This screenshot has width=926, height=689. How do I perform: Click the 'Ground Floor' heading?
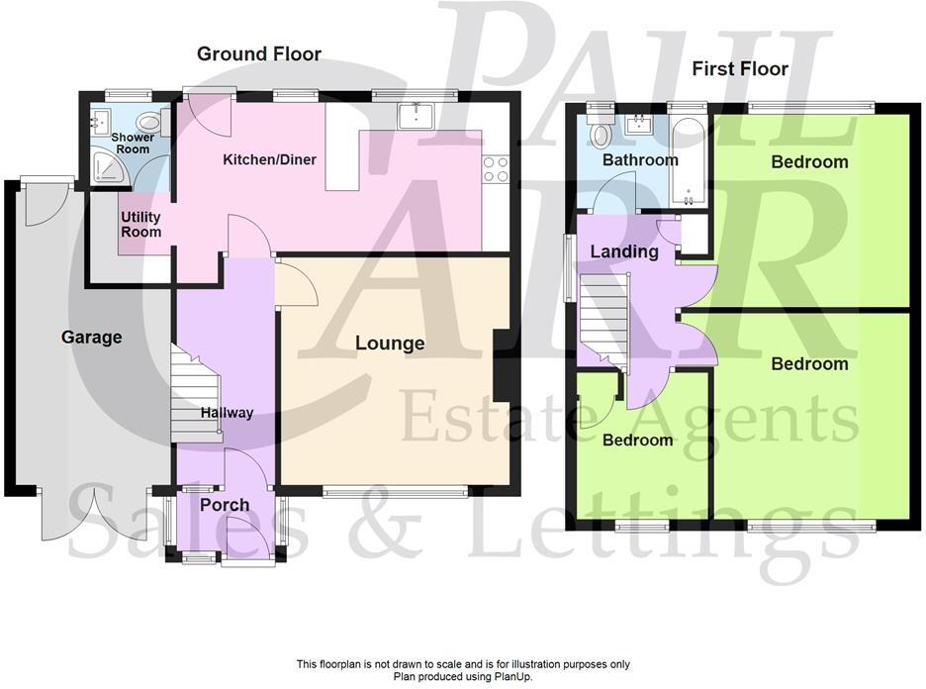tap(259, 53)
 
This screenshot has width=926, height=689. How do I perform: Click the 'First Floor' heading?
tap(740, 68)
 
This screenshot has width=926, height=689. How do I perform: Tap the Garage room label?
tap(92, 338)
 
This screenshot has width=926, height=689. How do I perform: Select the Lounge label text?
tap(390, 344)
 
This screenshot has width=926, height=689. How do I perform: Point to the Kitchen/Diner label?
tap(269, 159)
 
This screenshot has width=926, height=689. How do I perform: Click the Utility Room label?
tap(140, 225)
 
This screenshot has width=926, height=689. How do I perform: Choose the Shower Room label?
tap(131, 144)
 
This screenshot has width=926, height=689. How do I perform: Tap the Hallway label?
tap(227, 413)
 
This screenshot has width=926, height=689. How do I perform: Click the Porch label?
tap(225, 505)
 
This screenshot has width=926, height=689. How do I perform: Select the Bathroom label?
tap(641, 159)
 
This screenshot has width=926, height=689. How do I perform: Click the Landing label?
tap(624, 251)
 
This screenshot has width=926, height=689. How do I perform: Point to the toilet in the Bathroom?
tap(599, 134)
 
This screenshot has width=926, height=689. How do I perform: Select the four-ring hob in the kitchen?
tap(496, 170)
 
